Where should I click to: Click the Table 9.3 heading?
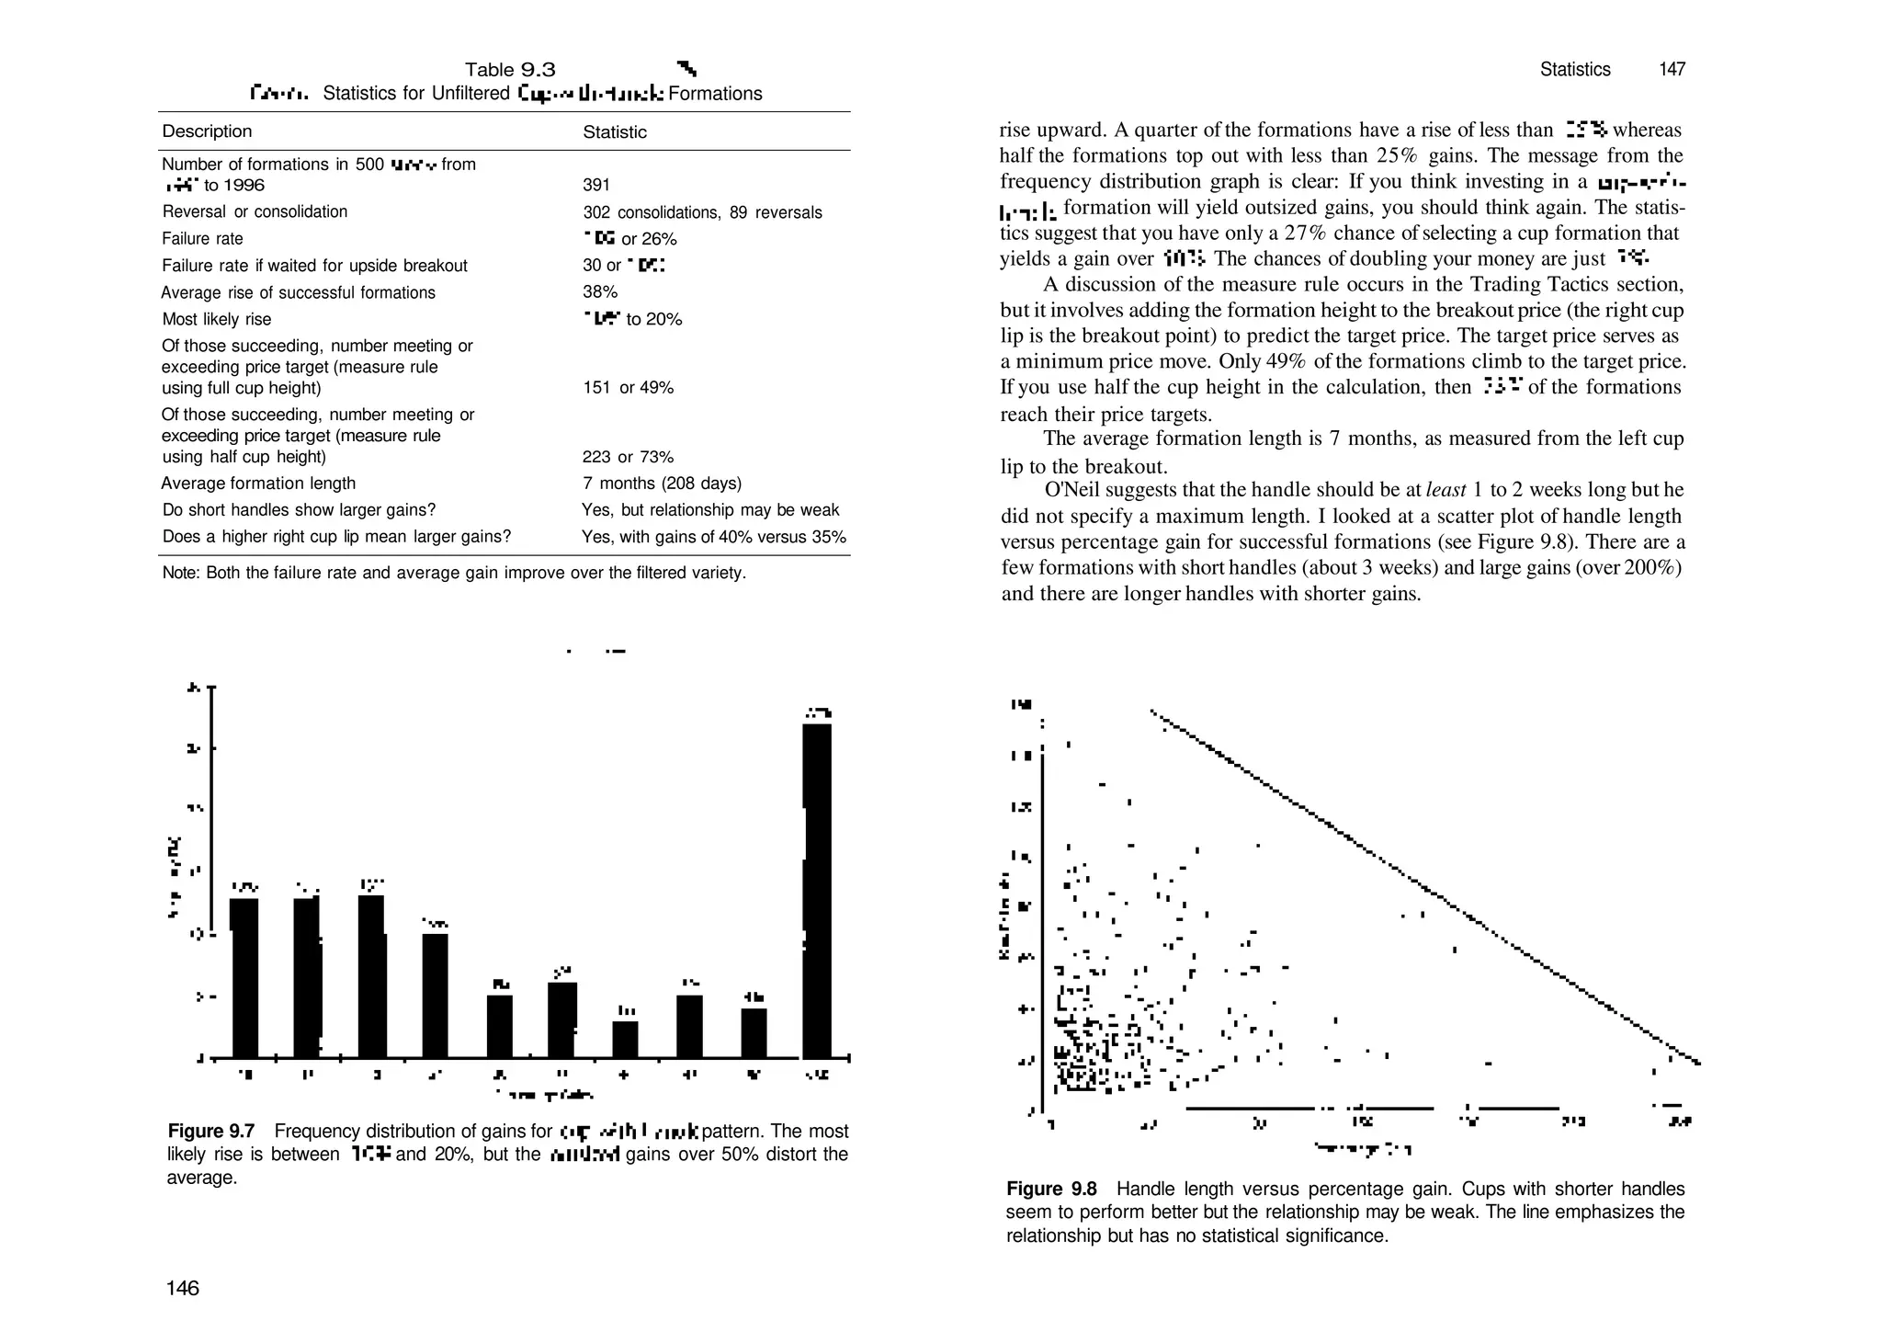pos(510,70)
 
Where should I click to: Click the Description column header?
pos(207,131)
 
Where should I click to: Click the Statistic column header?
pos(614,132)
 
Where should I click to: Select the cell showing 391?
pos(596,186)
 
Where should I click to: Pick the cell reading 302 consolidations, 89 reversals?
pos(702,212)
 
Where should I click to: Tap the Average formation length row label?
pos(258,484)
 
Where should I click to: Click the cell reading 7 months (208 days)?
pos(662,484)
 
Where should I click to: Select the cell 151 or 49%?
pos(628,388)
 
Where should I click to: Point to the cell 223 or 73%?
pos(628,457)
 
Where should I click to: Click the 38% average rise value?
pos(600,292)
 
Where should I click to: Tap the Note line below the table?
pos(454,574)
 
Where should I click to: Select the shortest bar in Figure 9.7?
pos(625,1039)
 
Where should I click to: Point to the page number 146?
pos(182,1289)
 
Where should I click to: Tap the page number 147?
pos(1672,70)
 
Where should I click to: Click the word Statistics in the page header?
pos(1575,70)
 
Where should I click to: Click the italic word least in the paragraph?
pos(1445,490)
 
